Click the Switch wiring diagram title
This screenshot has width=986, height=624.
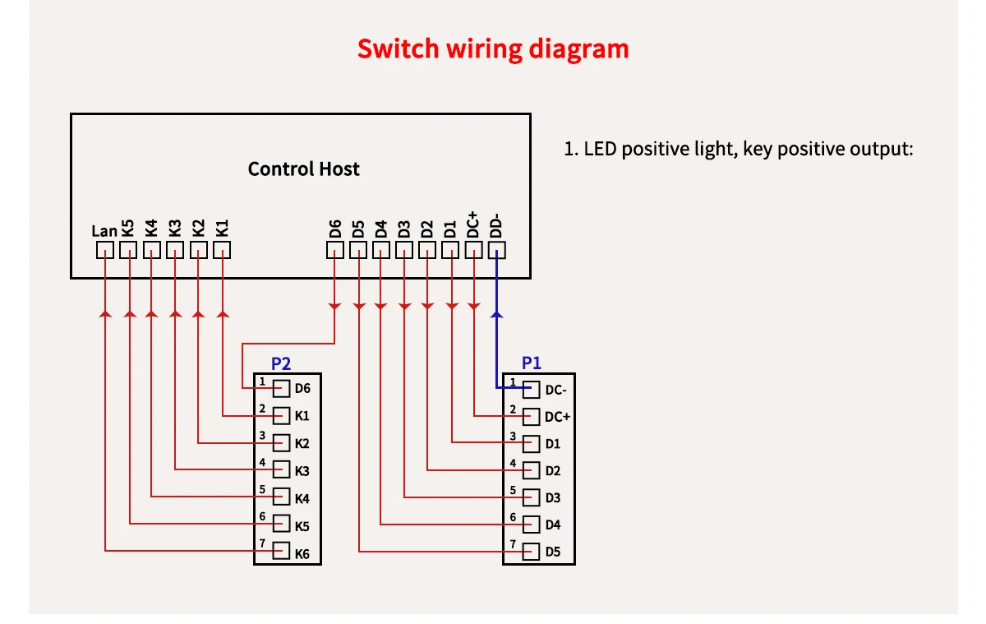click(x=493, y=49)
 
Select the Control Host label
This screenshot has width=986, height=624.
click(x=303, y=169)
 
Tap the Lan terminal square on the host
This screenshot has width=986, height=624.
click(x=105, y=250)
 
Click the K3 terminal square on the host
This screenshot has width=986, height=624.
click(x=175, y=250)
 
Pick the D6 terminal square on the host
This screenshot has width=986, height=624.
click(x=335, y=250)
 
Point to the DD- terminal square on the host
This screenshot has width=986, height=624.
click(x=497, y=250)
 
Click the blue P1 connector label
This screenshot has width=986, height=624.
click(x=532, y=363)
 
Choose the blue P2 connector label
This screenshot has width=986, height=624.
click(x=281, y=363)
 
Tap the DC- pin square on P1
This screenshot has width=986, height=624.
click(x=532, y=390)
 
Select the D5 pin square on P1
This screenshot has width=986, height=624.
click(x=532, y=552)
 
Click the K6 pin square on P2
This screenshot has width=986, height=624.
click(x=281, y=552)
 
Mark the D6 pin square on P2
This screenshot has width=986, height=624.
click(x=281, y=388)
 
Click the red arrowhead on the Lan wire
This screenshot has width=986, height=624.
click(x=105, y=313)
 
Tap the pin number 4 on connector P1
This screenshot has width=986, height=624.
click(x=512, y=464)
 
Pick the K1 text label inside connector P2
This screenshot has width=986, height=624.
click(x=302, y=416)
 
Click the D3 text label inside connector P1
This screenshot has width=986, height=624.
click(x=553, y=498)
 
